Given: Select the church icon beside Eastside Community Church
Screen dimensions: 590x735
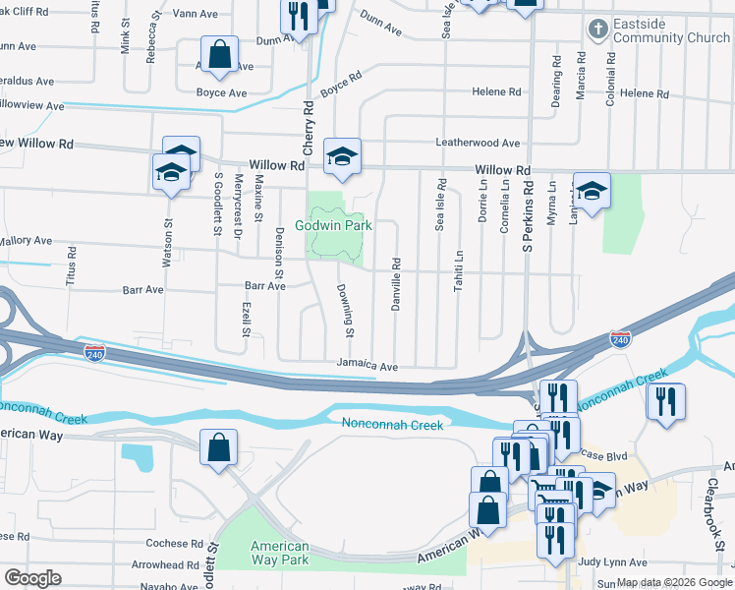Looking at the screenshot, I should (596, 29).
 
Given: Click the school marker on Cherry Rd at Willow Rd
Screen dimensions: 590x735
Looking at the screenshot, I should (342, 156).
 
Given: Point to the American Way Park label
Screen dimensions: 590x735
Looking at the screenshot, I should (280, 554).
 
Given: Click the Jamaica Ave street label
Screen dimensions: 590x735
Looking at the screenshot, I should (367, 365).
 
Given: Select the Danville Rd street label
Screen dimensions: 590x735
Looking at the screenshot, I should (396, 284).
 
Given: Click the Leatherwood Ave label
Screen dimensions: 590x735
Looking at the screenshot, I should (478, 144).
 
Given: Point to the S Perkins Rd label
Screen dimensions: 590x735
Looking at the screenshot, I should (528, 211).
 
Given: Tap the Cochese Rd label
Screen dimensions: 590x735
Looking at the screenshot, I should (173, 544).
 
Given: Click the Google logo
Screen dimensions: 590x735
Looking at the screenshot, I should (32, 578).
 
